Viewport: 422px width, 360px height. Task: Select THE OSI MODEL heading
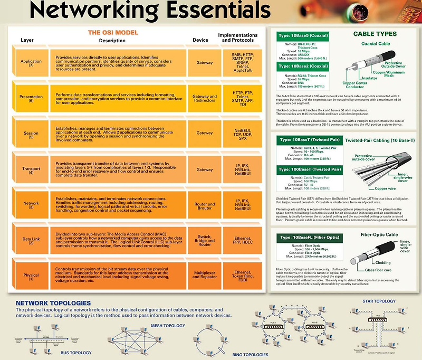pyautogui.click(x=113, y=33)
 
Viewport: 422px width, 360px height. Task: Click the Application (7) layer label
pyautogui.click(x=31, y=64)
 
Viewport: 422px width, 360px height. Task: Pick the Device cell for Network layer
pyautogui.click(x=204, y=206)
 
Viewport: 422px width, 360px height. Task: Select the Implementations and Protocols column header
pyautogui.click(x=237, y=38)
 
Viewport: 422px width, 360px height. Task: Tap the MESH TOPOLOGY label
pyautogui.click(x=168, y=326)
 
